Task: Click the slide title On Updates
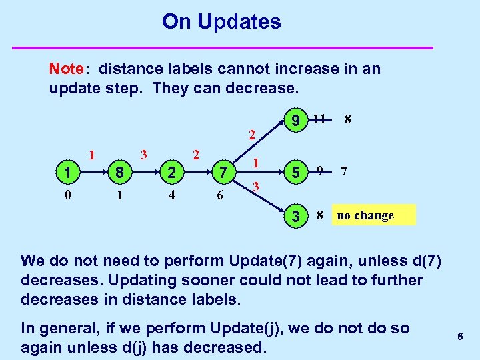point(221,22)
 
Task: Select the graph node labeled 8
point(119,173)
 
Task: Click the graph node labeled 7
point(225,173)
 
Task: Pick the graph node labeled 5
point(294,173)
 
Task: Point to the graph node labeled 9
point(294,121)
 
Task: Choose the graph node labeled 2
point(171,173)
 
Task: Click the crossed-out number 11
point(319,120)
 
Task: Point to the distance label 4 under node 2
point(171,196)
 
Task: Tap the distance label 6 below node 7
point(221,196)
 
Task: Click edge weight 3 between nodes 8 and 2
point(143,155)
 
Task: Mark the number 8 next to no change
point(320,215)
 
